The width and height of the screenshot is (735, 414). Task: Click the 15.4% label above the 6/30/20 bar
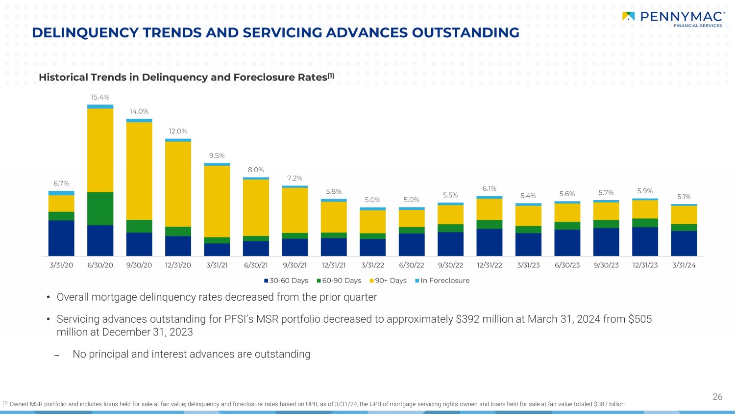click(100, 97)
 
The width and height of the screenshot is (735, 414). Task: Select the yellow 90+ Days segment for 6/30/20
click(100, 150)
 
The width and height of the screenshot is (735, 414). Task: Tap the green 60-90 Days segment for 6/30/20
click(100, 208)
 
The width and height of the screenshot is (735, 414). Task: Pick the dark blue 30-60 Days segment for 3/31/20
click(61, 238)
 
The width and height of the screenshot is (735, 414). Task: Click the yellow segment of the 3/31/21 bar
click(217, 201)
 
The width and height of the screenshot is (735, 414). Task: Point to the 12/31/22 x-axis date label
click(489, 265)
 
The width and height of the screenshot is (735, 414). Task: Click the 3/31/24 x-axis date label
click(684, 265)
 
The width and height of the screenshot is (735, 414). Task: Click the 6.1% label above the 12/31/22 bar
click(489, 188)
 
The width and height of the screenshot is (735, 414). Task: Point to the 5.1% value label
click(684, 197)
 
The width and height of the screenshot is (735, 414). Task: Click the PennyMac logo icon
click(628, 17)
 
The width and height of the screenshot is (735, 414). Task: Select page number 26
click(717, 397)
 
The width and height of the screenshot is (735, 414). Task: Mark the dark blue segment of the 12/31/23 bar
click(645, 241)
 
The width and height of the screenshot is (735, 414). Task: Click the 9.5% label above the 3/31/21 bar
click(217, 155)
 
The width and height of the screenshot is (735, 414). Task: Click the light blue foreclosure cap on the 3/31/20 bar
click(61, 193)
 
